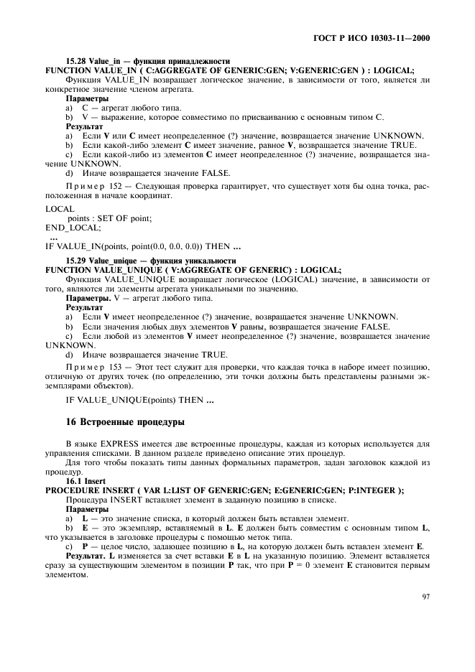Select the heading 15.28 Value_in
[93, 61]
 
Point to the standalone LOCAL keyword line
[59, 208]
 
